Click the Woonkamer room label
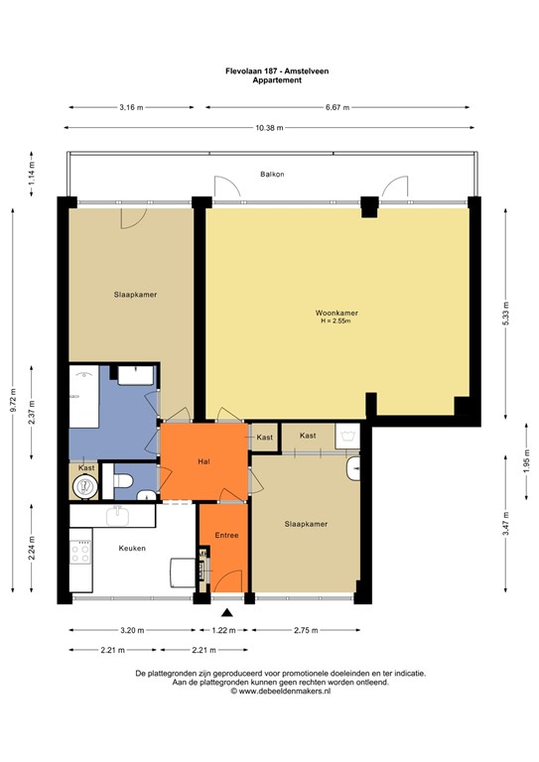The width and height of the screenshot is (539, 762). [x=337, y=314]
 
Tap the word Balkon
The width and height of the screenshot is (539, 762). [x=272, y=174]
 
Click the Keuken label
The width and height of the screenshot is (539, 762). [x=132, y=547]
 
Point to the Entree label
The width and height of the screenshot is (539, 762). [x=226, y=536]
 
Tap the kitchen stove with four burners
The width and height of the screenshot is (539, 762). [x=79, y=552]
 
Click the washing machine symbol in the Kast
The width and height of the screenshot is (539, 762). [x=346, y=436]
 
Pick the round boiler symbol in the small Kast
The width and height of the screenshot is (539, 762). [x=85, y=486]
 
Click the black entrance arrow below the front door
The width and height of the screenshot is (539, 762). [x=227, y=613]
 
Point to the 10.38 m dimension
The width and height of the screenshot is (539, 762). [x=269, y=127]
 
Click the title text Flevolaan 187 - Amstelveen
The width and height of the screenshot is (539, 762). [x=270, y=71]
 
